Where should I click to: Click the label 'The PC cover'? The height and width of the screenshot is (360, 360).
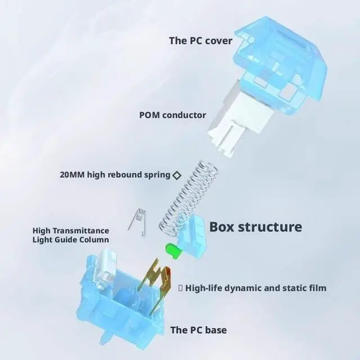click(x=200, y=40)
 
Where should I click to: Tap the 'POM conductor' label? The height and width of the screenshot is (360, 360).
click(x=173, y=115)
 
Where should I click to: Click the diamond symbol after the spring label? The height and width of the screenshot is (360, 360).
click(x=176, y=175)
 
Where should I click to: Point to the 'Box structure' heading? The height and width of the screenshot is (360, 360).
click(x=255, y=227)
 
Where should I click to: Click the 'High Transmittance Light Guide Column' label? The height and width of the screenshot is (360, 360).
click(x=70, y=235)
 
